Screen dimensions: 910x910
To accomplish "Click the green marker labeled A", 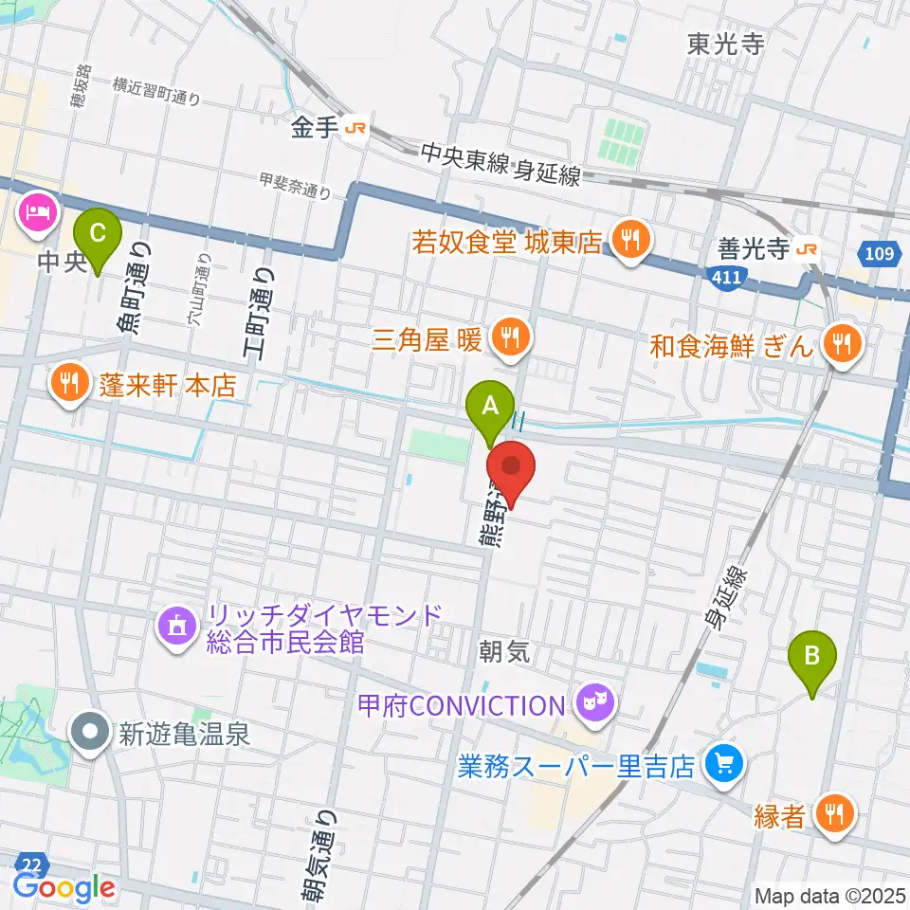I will click(490, 407).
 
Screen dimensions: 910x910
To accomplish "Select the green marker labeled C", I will click(98, 233).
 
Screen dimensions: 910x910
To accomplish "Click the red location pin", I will click(511, 468).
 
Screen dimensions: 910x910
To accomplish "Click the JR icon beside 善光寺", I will click(807, 249).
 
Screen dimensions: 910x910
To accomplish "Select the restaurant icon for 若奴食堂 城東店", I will click(628, 238).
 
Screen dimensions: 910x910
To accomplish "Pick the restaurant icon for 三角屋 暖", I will click(511, 337).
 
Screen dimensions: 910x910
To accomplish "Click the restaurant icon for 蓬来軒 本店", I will click(68, 382).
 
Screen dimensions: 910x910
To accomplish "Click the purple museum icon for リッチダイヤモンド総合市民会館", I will click(176, 625).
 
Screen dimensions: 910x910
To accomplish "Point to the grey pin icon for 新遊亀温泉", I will click(91, 732).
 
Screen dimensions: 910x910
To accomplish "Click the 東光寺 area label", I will click(726, 44).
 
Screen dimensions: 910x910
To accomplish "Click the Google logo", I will click(64, 887).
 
